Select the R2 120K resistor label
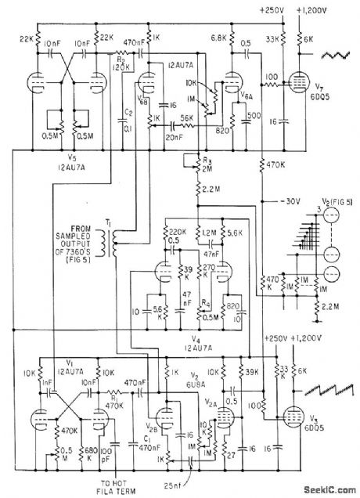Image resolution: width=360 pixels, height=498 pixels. click(x=121, y=62)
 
